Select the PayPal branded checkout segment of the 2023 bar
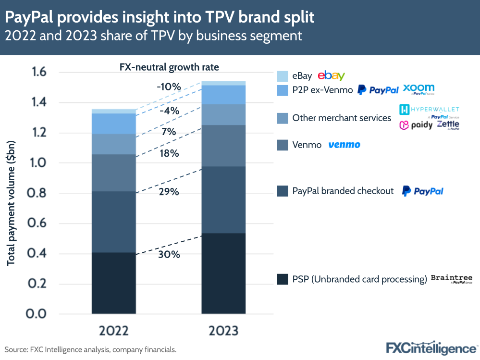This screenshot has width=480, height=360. tap(223, 199)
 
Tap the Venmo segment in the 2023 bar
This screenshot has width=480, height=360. tap(223, 146)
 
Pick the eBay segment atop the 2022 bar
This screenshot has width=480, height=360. tap(113, 111)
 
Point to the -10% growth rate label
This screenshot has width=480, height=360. tap(169, 87)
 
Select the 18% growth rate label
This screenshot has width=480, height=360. tap(169, 154)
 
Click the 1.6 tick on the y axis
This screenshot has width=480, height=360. tap(39, 73)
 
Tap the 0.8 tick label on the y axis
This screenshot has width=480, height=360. tap(39, 193)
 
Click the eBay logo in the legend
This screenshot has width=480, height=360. tap(332, 75)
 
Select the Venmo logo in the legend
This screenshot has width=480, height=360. tap(344, 145)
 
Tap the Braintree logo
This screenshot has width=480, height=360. tap(451, 279)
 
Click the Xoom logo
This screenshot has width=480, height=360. tap(418, 89)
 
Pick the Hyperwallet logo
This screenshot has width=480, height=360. tap(429, 110)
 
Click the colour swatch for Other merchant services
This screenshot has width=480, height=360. tap(283, 118)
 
